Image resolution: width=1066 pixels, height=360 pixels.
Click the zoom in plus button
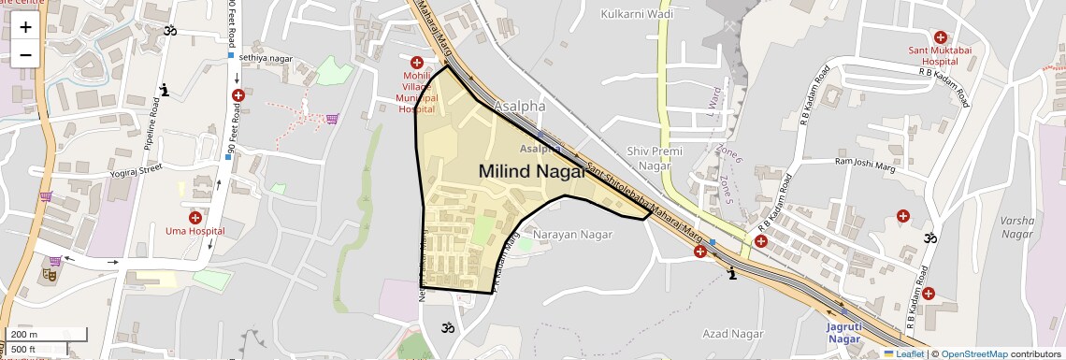pos(25,26)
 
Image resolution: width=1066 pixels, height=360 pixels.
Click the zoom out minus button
pos(25,54)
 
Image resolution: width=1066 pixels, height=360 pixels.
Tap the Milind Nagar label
pos(531,171)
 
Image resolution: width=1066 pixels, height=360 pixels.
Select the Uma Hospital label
pos(194,230)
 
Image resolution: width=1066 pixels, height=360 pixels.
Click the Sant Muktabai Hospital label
pos(941,55)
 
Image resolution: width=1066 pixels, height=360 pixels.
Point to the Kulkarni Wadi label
pos(637,15)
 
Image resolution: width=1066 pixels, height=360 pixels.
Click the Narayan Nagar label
pos(571,234)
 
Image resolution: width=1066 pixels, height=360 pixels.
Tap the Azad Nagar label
pos(733,333)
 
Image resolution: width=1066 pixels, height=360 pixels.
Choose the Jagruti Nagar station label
pos(850,332)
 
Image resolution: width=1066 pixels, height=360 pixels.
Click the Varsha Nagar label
pos(1016,226)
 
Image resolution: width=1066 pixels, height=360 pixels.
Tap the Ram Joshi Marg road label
pos(864,162)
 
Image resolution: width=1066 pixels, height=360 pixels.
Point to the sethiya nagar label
pos(265,57)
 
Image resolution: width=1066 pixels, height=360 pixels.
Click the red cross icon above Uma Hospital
pos(195,217)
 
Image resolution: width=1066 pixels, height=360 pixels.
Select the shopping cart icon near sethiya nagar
pos(332,119)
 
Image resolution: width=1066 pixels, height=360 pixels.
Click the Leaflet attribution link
pos(904,353)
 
